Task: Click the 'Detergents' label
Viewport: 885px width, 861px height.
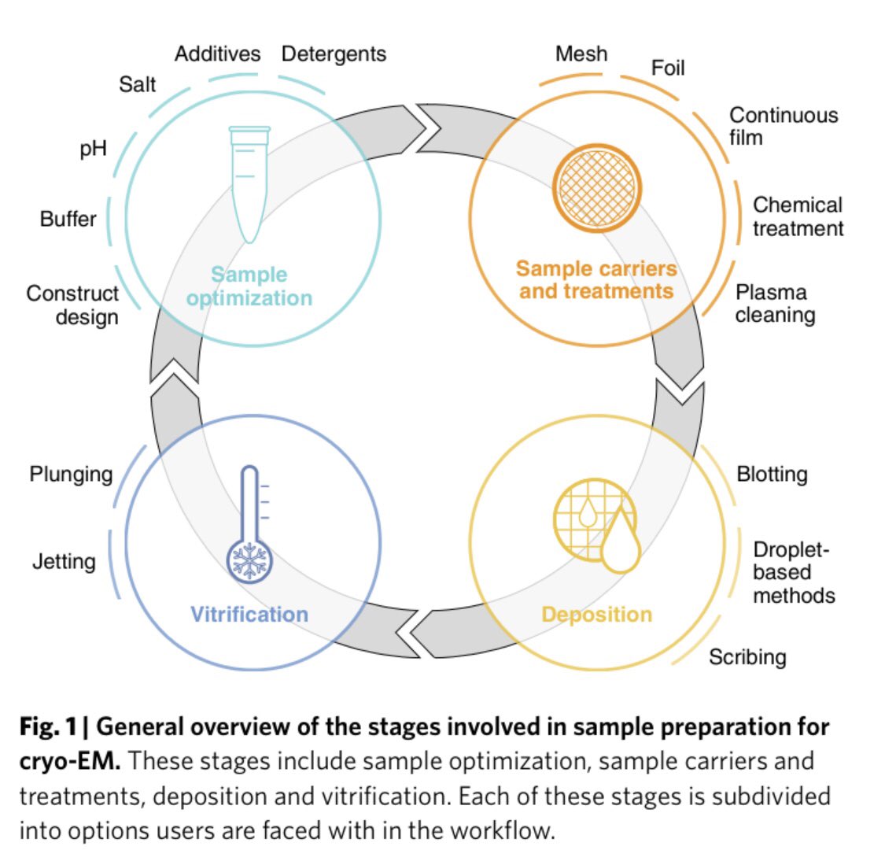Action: coord(334,54)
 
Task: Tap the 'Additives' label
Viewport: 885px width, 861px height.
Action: coord(217,54)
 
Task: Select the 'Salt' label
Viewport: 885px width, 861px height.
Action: coord(138,84)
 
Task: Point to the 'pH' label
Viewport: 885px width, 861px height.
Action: coord(93,149)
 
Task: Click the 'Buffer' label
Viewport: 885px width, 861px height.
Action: coord(68,219)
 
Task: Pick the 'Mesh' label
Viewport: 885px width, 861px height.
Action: coord(581,54)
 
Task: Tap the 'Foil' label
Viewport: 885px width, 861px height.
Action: coord(668,68)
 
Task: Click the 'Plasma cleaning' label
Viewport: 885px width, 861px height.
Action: coord(775,304)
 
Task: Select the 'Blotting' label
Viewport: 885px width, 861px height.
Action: coord(772,475)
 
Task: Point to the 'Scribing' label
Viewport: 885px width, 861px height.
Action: coord(747,657)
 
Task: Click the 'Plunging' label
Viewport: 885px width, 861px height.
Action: coord(72,475)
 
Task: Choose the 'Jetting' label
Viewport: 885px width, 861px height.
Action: coord(64,562)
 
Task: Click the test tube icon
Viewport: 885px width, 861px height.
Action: coord(249,184)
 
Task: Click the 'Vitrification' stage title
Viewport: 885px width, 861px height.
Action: coord(249,615)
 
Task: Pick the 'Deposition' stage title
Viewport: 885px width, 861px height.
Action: coord(597,615)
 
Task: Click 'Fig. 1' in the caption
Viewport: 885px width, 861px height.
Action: coord(48,726)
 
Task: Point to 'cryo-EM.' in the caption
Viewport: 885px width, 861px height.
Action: coord(70,761)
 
